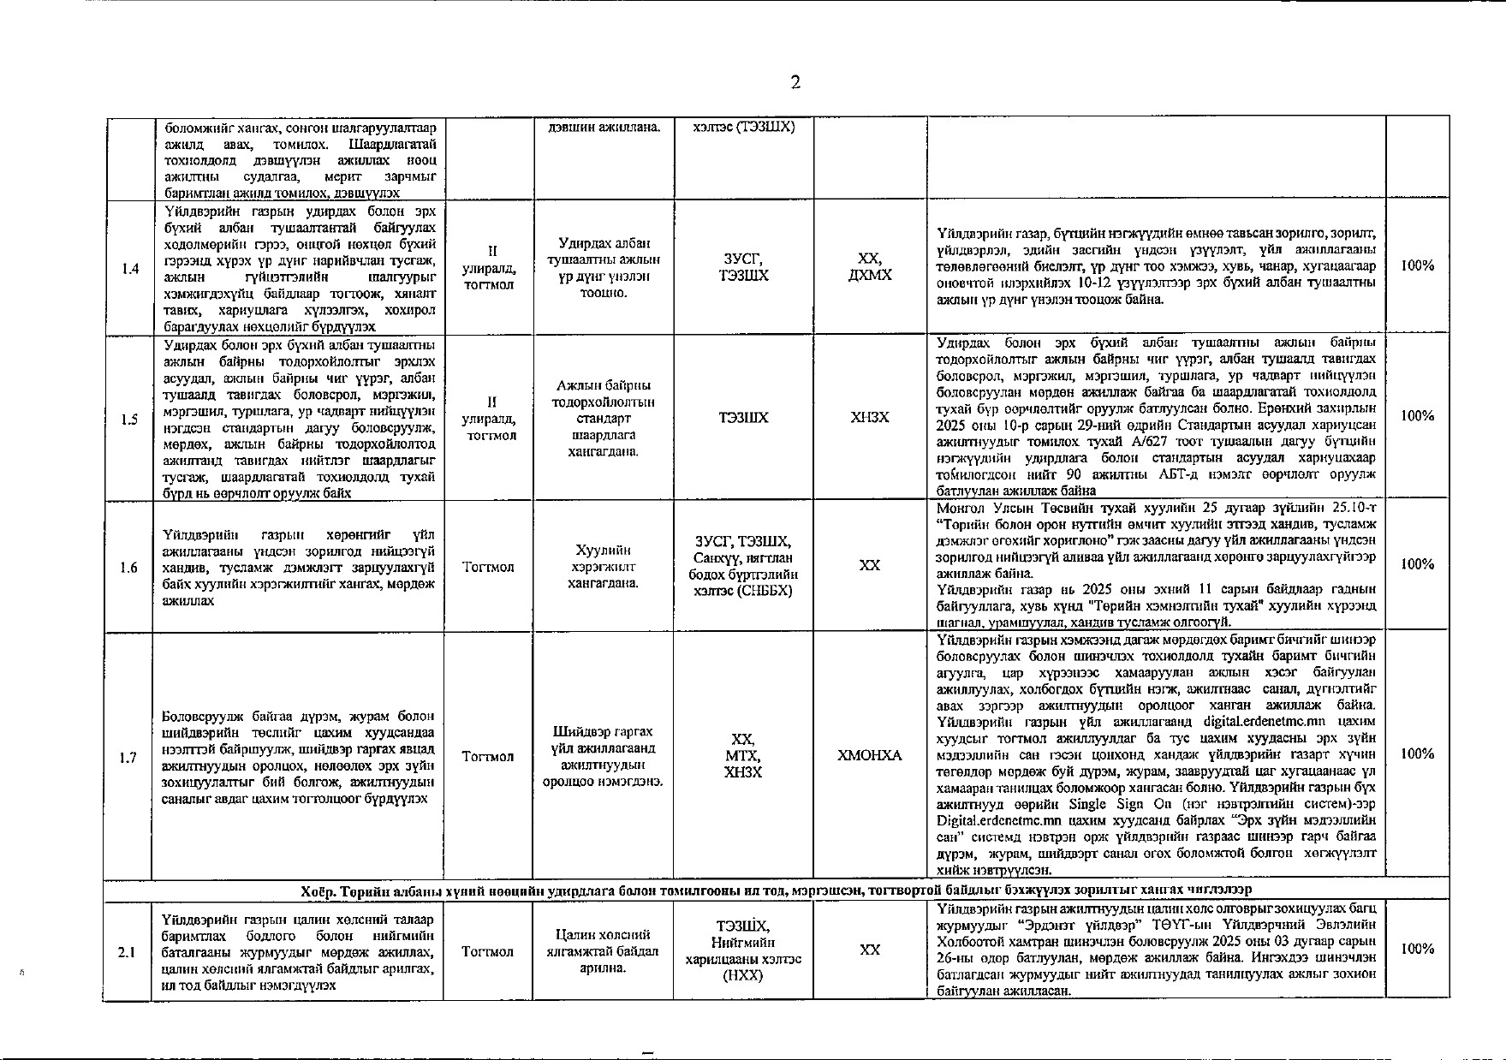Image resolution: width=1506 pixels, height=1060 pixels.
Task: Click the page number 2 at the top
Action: coord(795,82)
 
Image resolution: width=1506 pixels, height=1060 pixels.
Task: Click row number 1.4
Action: coord(130,269)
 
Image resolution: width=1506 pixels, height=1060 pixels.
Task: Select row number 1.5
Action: coord(130,419)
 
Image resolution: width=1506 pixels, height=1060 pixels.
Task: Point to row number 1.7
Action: coord(128,757)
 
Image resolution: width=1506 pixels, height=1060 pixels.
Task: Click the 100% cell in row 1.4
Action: coord(1417,265)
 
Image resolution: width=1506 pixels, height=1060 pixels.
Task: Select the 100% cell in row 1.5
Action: coord(1417,416)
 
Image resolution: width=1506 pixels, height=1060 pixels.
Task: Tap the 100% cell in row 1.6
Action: coord(1417,564)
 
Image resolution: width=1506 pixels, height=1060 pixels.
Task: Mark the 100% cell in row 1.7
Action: coord(1417,753)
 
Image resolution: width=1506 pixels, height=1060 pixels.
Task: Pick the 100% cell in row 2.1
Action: coord(1417,949)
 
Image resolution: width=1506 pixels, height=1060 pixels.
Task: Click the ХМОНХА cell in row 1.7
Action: coord(869,755)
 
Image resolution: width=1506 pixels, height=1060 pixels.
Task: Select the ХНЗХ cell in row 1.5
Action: coord(869,417)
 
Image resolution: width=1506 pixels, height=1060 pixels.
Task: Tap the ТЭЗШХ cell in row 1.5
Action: coord(743,417)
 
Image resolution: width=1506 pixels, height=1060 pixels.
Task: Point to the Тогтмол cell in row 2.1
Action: coord(487,951)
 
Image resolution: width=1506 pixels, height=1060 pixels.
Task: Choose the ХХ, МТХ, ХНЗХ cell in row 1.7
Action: coord(743,755)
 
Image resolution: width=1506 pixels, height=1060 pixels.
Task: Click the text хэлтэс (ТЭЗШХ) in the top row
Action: coord(744,127)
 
